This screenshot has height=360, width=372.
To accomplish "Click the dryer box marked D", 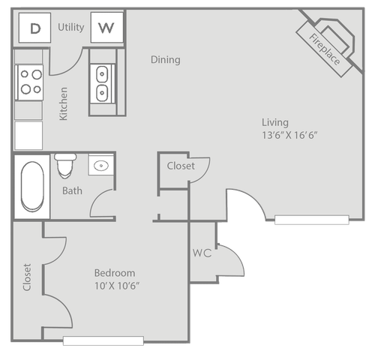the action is coord(34,28).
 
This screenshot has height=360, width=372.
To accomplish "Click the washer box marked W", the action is coord(106,28).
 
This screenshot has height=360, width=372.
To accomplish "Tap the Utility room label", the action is coord(71,27).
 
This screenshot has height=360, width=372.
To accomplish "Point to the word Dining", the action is coord(166,60).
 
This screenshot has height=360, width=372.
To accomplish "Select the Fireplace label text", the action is coord(325,49).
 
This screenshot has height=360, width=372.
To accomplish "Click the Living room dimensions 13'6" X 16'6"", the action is coord(289,135).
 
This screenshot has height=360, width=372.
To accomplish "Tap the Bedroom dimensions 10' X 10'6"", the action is coord(117,286).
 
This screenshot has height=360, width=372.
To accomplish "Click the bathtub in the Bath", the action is coord(32,187).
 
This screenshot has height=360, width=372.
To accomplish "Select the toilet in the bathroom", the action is coord(65,166).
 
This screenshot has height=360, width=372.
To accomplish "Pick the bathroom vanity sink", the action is coord(101,165).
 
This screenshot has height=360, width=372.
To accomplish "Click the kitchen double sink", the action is coord(102,83).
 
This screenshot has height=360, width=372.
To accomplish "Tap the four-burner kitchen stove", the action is coord(29,82).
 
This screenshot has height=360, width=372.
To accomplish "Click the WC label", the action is coord(202,253).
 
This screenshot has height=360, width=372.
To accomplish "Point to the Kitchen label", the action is coord(63,103).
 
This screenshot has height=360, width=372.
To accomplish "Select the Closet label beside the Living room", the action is coord(181,166).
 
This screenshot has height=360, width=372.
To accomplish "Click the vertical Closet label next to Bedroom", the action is coord(27,277).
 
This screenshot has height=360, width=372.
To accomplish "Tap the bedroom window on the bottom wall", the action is coord(103,340).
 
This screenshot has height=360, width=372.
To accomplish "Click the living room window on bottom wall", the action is coord(312,220).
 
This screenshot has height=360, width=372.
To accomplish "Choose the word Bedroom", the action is coord(115,273).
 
